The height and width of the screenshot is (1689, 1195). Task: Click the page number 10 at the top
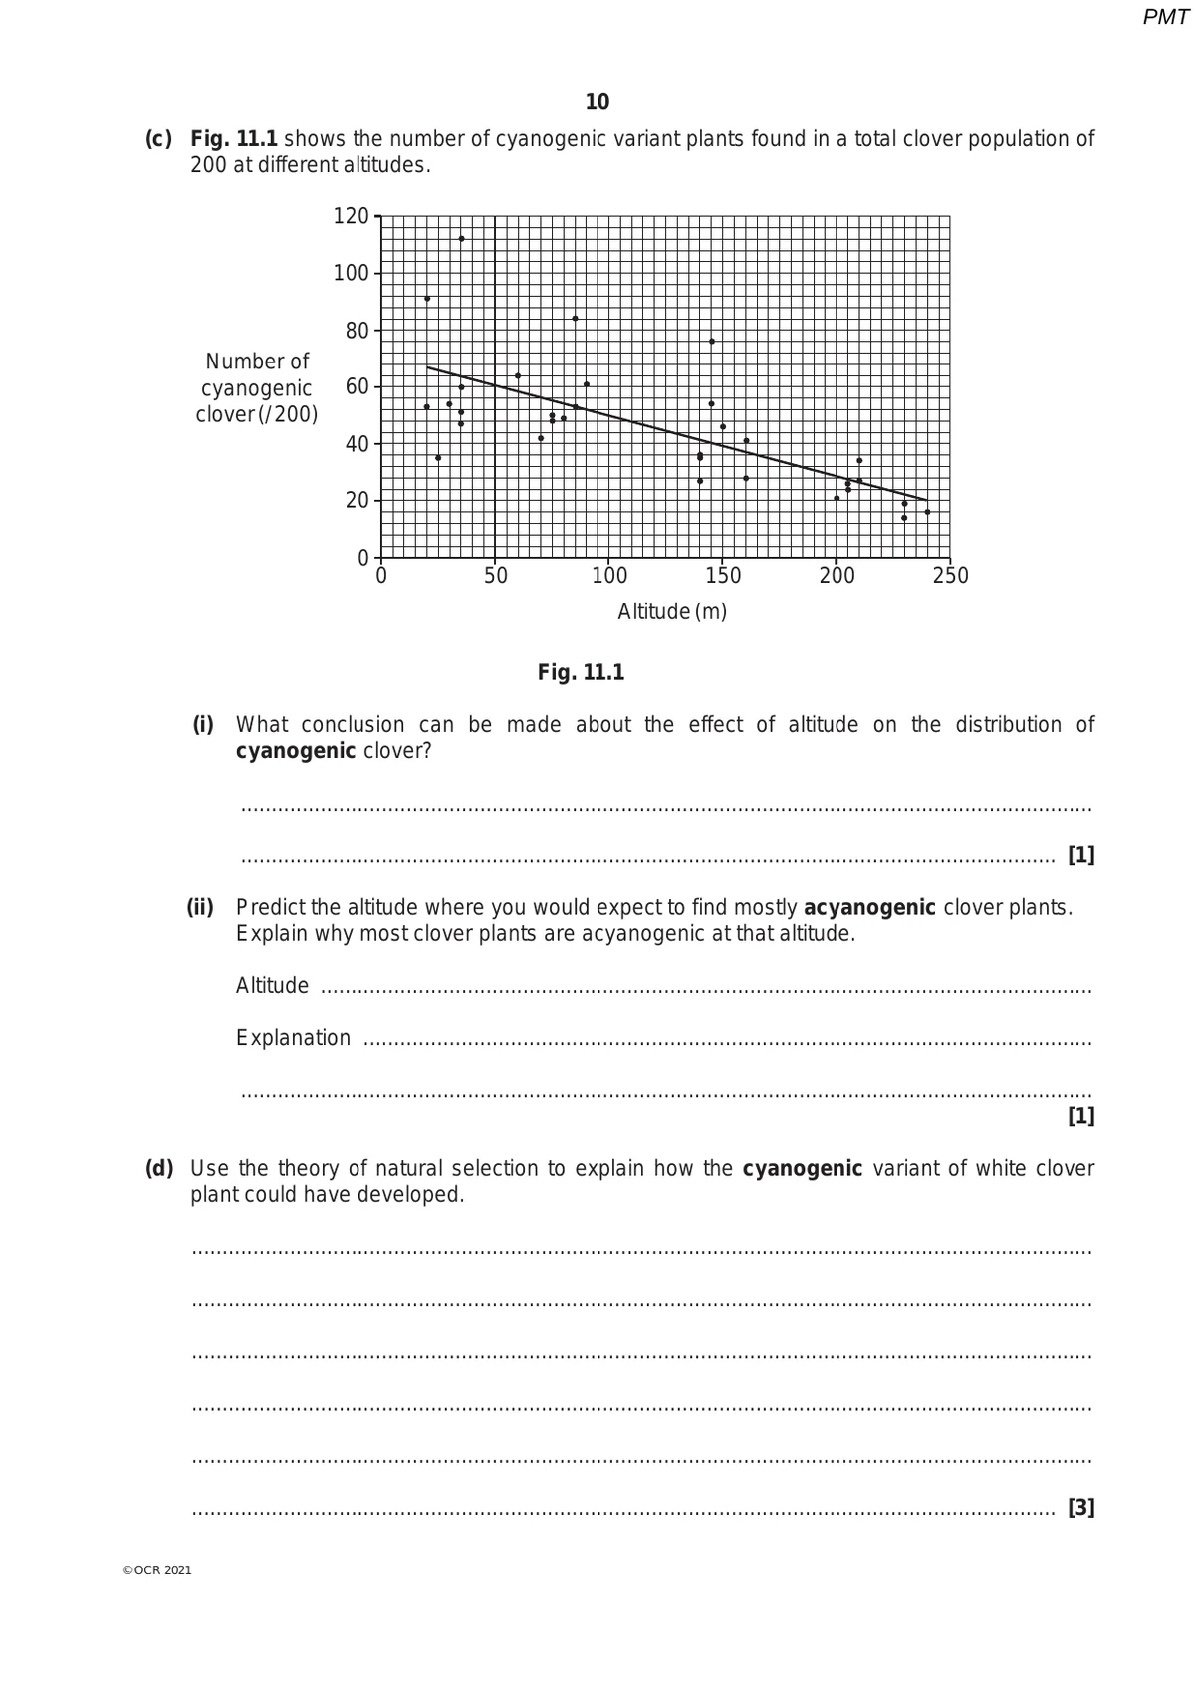click(x=597, y=102)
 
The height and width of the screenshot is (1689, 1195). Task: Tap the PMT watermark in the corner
click(x=1165, y=17)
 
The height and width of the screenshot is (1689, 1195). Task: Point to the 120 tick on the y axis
click(x=351, y=216)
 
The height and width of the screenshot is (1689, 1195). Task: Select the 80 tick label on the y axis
click(x=357, y=331)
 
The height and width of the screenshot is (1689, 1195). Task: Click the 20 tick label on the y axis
click(x=357, y=500)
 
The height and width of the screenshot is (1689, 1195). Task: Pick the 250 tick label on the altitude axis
click(x=950, y=576)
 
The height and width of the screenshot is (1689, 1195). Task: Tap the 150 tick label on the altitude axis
click(x=723, y=576)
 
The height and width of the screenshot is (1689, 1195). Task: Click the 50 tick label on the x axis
click(x=495, y=576)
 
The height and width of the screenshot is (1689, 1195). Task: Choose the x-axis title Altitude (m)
click(x=672, y=611)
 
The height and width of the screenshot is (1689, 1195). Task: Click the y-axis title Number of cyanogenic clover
click(x=257, y=388)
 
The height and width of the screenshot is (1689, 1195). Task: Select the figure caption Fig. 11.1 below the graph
click(x=581, y=672)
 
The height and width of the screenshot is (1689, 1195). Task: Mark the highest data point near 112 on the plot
click(x=461, y=239)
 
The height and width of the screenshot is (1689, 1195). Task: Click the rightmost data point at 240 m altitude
click(x=927, y=512)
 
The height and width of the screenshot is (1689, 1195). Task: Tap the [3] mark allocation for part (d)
click(x=1080, y=1507)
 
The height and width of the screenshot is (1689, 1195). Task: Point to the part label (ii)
click(x=200, y=907)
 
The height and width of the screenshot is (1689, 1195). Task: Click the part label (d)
click(x=159, y=1168)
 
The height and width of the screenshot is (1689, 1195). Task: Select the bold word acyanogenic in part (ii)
click(x=868, y=907)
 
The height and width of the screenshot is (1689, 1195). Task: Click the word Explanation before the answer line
click(x=293, y=1038)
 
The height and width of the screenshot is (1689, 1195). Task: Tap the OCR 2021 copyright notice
click(x=157, y=1570)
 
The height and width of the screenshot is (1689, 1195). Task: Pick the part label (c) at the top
click(x=158, y=139)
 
